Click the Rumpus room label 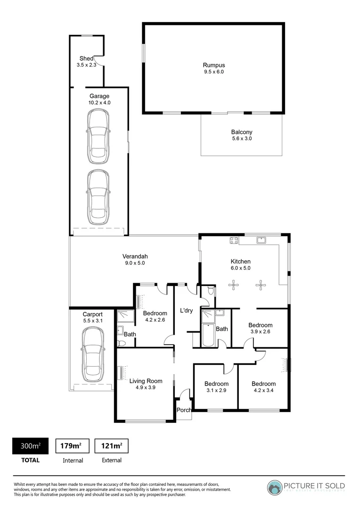[213, 66]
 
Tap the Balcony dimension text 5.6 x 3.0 [241, 139]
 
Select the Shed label [86, 58]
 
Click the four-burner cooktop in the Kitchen [233, 240]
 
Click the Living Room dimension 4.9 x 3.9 [146, 387]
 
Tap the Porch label [184, 410]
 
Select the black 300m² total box [30, 445]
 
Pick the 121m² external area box [112, 445]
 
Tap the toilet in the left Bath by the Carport [121, 344]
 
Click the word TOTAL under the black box [30, 460]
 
